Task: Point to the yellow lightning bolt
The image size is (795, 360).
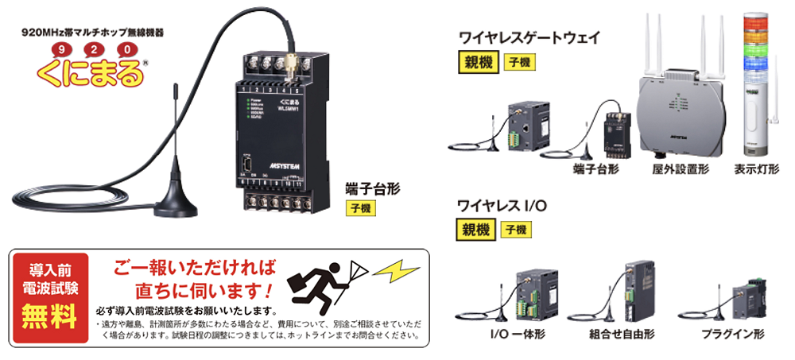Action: pos(395,273)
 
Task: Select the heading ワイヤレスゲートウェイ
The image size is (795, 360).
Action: pos(529,37)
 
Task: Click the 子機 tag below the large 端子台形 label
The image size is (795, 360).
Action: pos(361,210)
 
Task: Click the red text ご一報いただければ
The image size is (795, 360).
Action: pos(194,268)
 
